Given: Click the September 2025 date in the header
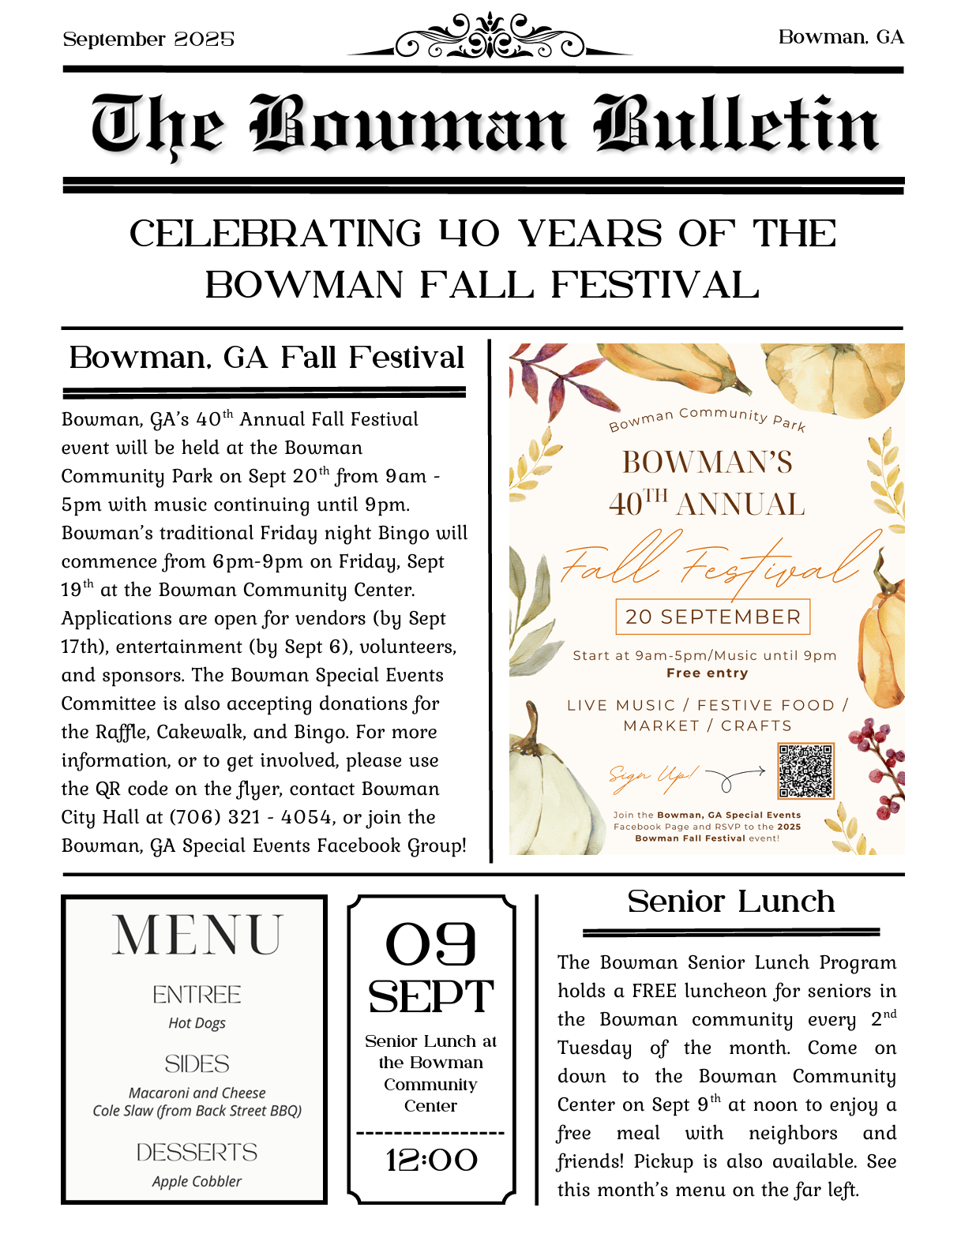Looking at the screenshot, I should click(x=148, y=39).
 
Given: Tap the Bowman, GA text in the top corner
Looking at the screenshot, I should click(x=841, y=37).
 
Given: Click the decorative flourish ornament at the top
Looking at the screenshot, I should click(x=490, y=38).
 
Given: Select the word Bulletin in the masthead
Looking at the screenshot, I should click(x=736, y=125).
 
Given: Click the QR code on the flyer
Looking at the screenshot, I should click(x=805, y=771).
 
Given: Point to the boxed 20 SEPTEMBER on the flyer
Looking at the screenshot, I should click(x=712, y=617).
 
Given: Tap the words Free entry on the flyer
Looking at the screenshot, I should click(x=707, y=673).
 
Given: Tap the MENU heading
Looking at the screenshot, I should click(x=197, y=936).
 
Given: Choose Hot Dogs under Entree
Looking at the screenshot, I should click(x=197, y=1023).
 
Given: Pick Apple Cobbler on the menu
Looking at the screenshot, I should click(x=197, y=1181).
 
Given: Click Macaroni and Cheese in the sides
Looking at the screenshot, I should click(x=197, y=1093).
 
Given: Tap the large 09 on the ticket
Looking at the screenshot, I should click(x=431, y=944).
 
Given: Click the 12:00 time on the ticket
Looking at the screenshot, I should click(x=431, y=1160).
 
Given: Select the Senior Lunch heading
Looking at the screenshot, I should click(x=730, y=902).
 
